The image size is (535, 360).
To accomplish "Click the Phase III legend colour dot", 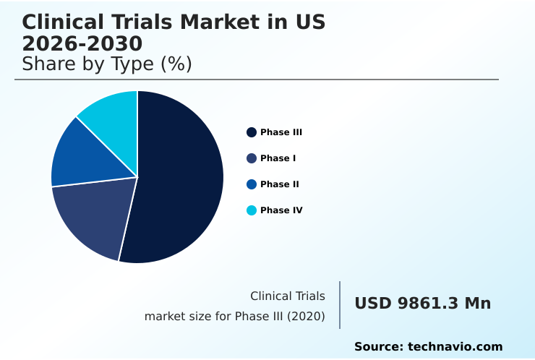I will coord(252,132).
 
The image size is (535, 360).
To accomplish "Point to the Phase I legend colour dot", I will coord(252,158).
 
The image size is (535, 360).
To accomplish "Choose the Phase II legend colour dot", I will coord(252,184).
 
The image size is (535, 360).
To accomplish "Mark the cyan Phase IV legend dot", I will coord(252,210).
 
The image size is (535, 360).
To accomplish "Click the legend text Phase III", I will coord(281,132).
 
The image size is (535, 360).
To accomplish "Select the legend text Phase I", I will coord(278,158).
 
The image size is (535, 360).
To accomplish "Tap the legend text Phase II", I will coord(280,184).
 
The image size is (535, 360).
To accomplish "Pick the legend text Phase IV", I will coord(281,210).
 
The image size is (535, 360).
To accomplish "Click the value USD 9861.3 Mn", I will coord(422,304).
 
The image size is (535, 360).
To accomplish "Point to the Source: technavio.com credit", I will coord(428,347).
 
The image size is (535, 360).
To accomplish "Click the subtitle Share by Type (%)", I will coord(107,64).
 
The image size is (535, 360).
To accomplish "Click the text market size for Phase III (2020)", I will coord(234,317).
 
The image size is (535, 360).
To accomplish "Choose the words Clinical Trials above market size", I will coord(287,296).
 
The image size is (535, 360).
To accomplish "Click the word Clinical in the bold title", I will coord(64,22).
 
